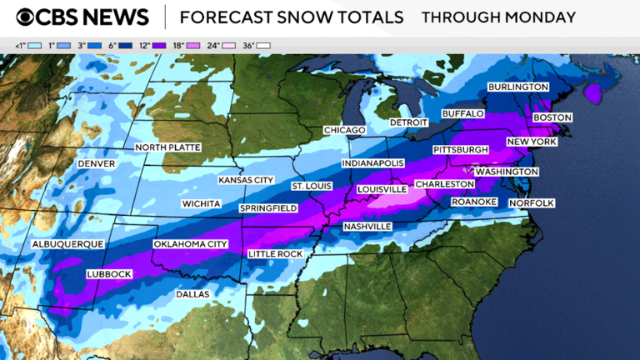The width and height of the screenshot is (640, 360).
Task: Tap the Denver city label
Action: [96, 164]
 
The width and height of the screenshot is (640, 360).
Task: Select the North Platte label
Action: [167, 147]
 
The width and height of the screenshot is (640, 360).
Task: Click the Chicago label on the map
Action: [345, 131]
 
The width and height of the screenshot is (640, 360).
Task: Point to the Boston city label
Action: [552, 117]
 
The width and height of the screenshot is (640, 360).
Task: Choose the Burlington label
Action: [518, 87]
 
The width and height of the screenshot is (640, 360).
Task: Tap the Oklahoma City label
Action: [190, 244]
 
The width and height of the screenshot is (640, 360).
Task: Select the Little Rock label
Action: [276, 253]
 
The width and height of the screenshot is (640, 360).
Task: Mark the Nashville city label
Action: [367, 227]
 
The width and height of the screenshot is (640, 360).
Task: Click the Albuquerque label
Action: [67, 244]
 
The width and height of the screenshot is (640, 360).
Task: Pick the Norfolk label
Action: [532, 202]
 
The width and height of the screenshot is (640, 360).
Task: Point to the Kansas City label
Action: [246, 180]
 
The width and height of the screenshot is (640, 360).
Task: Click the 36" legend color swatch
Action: [265, 45]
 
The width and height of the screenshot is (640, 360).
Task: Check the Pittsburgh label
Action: [460, 149]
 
